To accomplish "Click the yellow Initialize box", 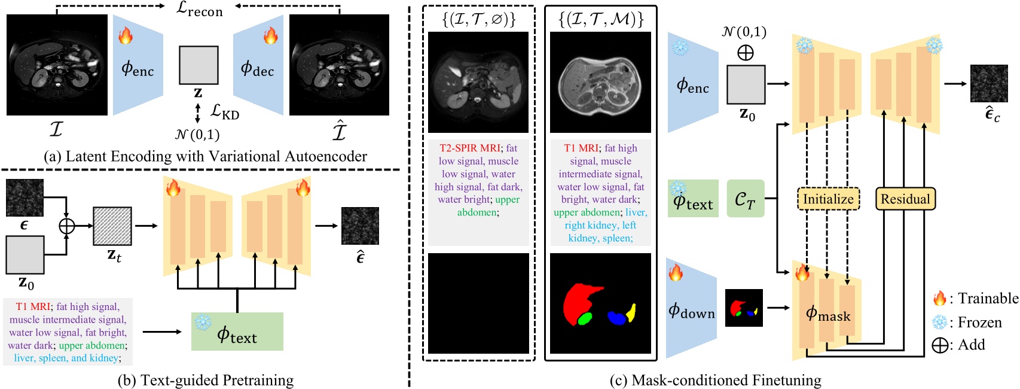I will (x=828, y=199).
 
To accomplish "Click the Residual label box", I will (x=905, y=199).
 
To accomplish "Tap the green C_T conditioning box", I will (x=746, y=198).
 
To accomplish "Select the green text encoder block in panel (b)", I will (x=237, y=332).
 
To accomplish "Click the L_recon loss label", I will (x=200, y=10).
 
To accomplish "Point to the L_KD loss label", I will (x=225, y=111).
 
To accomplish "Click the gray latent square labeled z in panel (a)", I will (x=198, y=65).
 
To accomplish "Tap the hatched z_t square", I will (x=112, y=226).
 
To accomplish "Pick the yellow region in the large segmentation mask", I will (x=631, y=312).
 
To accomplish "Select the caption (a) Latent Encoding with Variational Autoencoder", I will (x=205, y=156).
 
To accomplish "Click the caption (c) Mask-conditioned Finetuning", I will (x=715, y=380).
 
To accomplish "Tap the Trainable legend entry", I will (x=975, y=298).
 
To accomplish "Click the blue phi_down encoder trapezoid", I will (x=691, y=309).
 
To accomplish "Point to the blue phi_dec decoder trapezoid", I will (x=258, y=66).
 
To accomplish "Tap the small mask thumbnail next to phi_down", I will (x=744, y=308).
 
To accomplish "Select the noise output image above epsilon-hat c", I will (x=988, y=83).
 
